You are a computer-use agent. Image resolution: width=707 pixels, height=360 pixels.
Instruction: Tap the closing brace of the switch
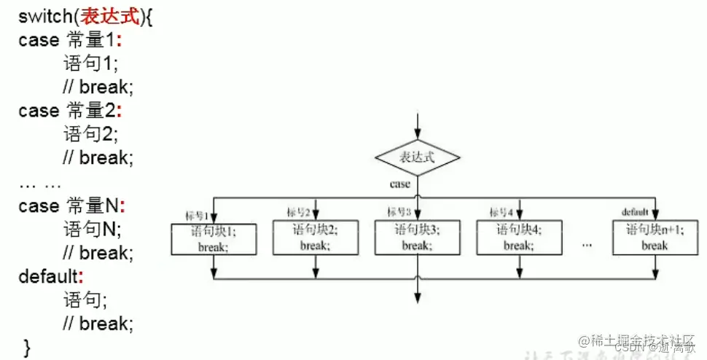tap(27, 347)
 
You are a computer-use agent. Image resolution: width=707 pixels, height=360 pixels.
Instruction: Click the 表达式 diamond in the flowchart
tap(418, 157)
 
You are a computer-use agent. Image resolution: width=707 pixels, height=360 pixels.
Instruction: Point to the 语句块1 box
tap(214, 238)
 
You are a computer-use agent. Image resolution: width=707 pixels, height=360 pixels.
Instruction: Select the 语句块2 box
tap(315, 238)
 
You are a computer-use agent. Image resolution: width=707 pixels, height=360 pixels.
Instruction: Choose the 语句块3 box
tap(418, 238)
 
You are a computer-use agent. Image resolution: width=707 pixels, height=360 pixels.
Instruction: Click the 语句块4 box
tap(519, 238)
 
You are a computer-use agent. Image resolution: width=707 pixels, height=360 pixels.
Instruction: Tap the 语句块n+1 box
tap(655, 238)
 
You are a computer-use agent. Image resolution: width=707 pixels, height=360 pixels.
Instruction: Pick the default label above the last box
tap(635, 213)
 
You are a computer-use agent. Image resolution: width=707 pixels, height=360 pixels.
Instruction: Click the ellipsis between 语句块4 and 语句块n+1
tap(587, 244)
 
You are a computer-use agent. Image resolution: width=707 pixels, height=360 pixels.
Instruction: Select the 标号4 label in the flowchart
tap(501, 213)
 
